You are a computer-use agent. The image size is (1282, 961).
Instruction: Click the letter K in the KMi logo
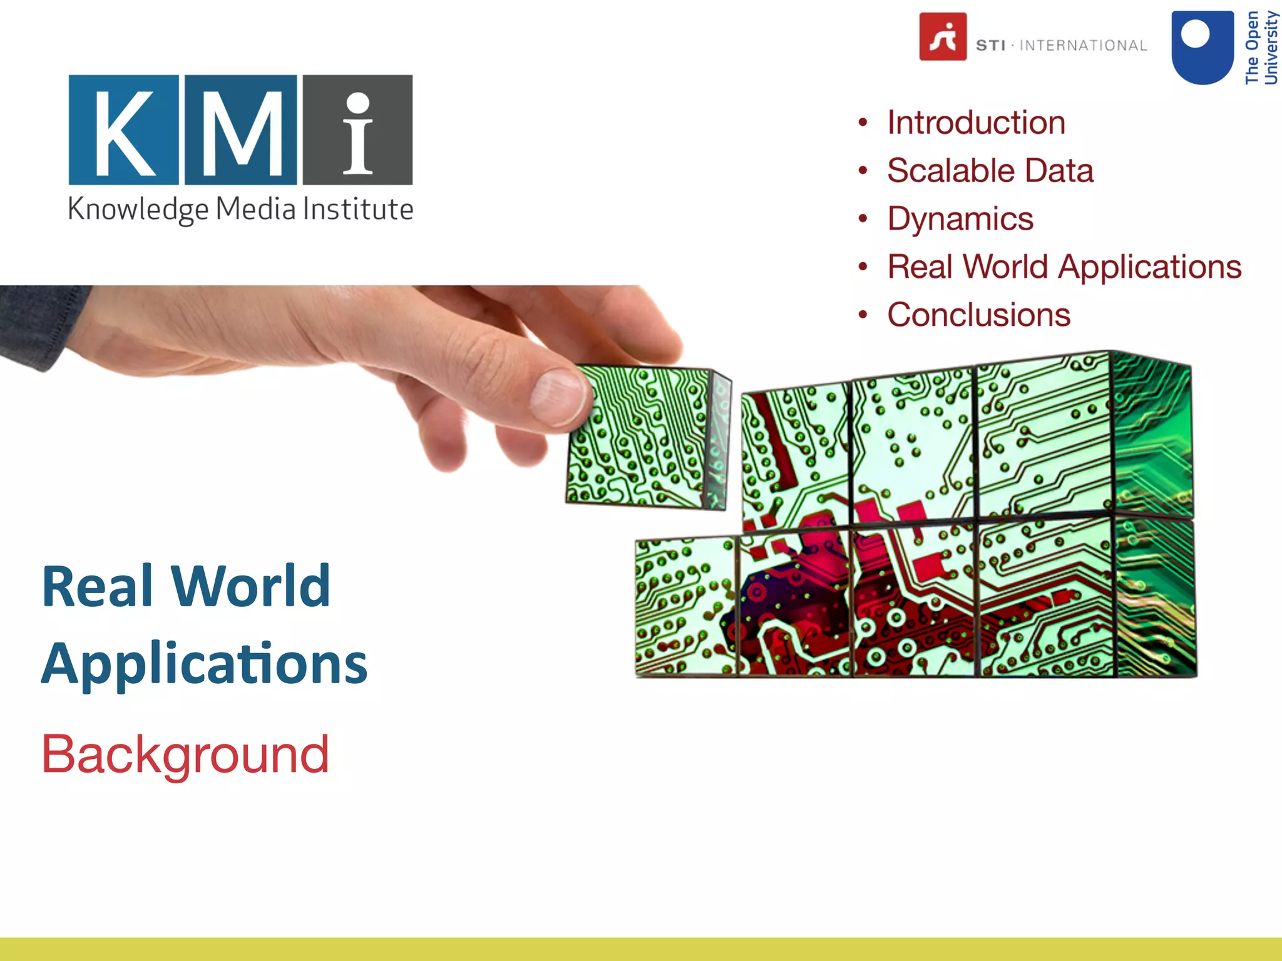coord(123,130)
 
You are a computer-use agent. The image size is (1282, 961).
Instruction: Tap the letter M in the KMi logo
coord(241,130)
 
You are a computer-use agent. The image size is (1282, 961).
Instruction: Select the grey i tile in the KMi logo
coord(357,130)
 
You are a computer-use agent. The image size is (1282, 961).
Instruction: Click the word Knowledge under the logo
coord(138,210)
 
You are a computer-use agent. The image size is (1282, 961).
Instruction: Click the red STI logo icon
coord(943,37)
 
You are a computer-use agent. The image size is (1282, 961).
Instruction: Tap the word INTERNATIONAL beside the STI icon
coord(1083,46)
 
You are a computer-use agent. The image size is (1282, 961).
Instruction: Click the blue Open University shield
coord(1202,48)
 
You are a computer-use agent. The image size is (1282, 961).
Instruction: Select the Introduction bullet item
coord(976,123)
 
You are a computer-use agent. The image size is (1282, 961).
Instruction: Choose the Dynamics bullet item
coord(960,219)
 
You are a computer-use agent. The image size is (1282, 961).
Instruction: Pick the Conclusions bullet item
coord(978,315)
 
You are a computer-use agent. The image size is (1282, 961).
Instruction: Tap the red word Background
coord(185,755)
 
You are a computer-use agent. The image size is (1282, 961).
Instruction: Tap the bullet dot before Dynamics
coord(863,219)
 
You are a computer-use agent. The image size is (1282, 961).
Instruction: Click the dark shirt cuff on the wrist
coord(34,322)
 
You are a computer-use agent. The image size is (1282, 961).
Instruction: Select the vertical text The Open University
coord(1261,48)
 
